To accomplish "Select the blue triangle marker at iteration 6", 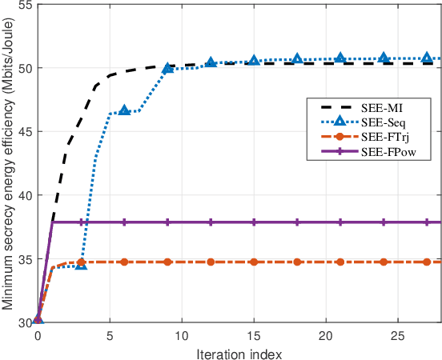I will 124,110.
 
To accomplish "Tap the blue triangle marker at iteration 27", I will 427,58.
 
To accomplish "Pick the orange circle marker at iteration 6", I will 124,262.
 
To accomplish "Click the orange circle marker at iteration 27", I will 427,262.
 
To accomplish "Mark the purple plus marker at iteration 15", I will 254,222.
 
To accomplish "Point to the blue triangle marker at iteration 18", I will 297,59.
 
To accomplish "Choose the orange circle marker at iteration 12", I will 211,262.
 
